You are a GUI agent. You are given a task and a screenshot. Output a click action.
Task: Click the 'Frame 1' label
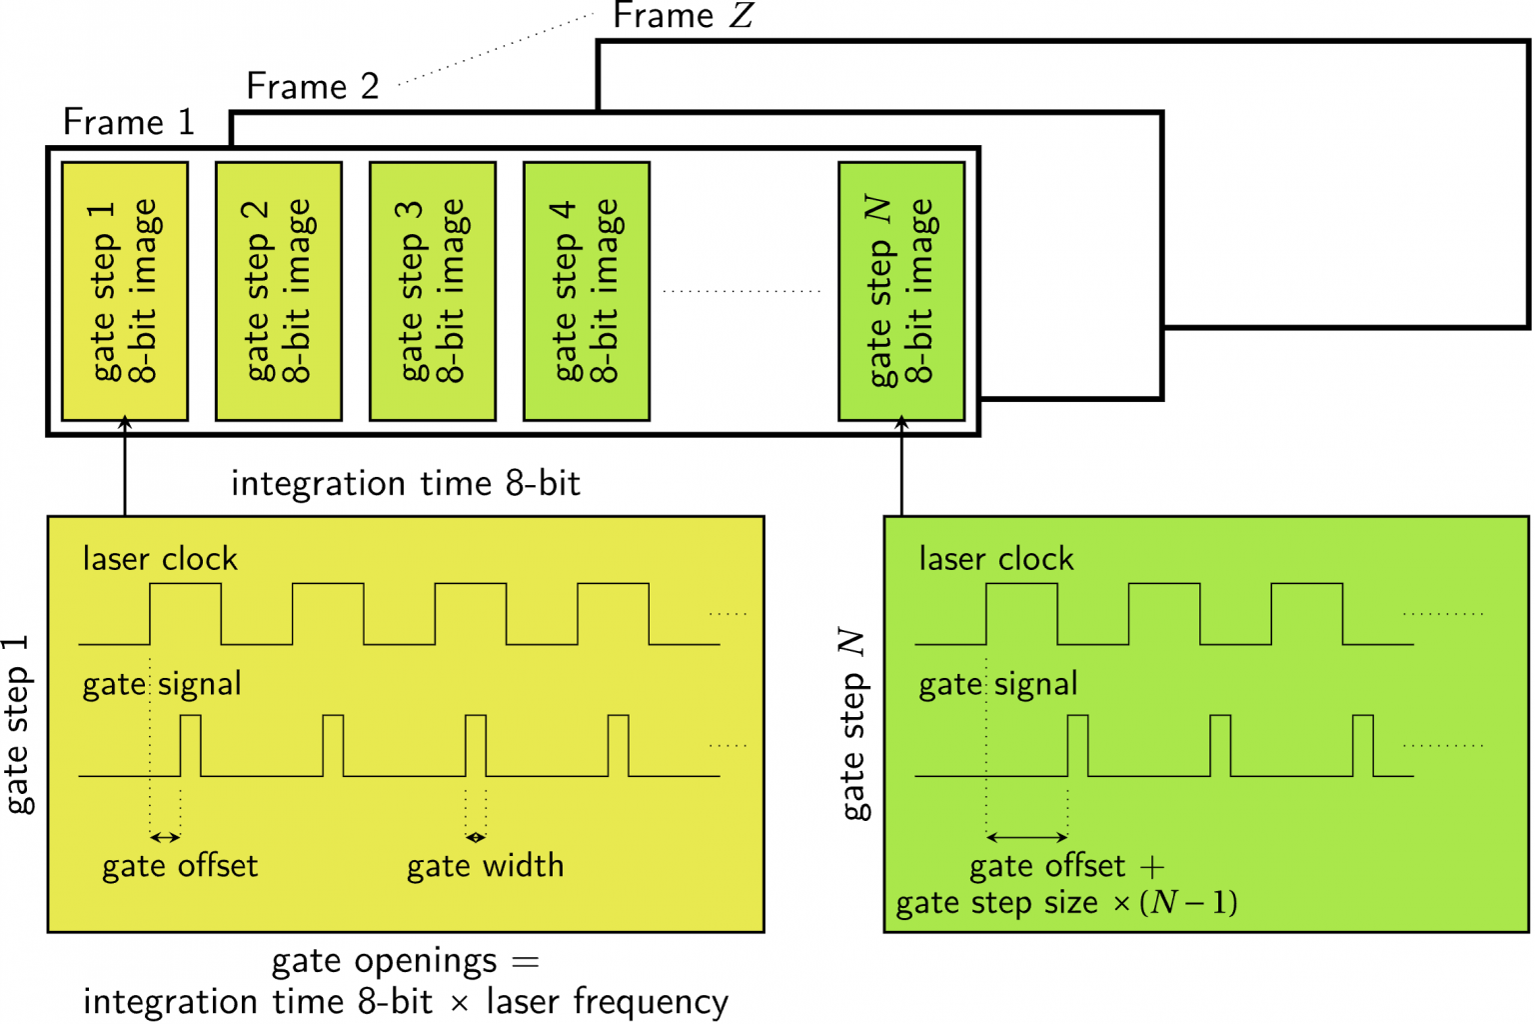coord(128,122)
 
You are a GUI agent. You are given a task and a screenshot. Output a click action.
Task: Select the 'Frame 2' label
coord(312,87)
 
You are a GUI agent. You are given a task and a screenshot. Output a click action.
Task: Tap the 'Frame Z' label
coord(683,16)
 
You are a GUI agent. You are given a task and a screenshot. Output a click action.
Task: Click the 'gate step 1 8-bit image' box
coord(125,291)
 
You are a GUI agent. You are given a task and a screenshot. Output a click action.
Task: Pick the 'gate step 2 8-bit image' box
coord(279,291)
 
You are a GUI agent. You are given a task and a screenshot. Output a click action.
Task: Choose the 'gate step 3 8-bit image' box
coord(433,291)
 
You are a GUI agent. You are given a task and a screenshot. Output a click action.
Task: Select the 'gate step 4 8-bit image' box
coord(587,291)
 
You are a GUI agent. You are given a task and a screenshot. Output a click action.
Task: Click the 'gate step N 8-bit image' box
coord(901,291)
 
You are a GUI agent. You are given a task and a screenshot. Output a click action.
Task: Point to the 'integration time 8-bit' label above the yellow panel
coord(405,484)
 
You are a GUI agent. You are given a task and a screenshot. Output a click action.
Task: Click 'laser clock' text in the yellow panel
coord(160,559)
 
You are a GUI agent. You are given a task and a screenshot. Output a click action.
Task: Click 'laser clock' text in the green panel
coord(996,559)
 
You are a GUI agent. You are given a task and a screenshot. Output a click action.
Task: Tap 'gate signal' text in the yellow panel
coord(162,684)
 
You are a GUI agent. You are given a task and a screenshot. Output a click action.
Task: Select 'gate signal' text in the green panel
coord(998,684)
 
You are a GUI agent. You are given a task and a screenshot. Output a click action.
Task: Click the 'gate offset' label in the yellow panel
coord(180,866)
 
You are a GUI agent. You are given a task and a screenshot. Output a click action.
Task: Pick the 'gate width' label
coord(485,866)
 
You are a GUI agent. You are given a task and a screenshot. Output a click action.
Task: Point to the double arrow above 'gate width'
coord(476,837)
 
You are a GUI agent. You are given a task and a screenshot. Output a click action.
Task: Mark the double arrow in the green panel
coord(1026,837)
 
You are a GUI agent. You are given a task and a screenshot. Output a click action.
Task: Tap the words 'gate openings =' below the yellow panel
coord(405,961)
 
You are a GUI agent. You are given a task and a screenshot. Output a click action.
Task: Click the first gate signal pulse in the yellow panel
coord(190,745)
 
